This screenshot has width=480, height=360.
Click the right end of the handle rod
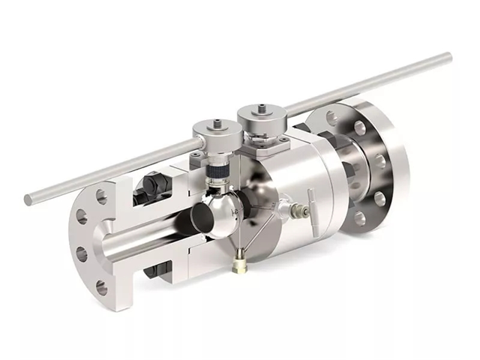(x=448, y=56)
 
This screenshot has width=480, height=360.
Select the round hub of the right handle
(x=259, y=119)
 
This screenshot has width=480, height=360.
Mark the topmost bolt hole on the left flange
(x=101, y=196)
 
